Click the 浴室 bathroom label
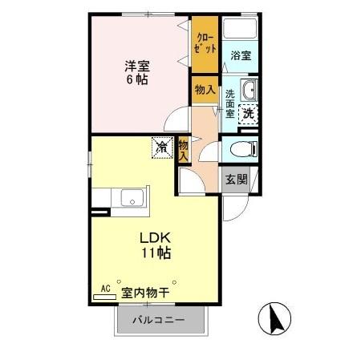pos(241,55)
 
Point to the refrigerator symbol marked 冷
pos(162,148)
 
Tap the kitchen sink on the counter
pos(131,197)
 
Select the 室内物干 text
pos(145,293)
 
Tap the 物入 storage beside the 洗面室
pos(205,91)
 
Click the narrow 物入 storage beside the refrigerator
pos(184,149)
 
